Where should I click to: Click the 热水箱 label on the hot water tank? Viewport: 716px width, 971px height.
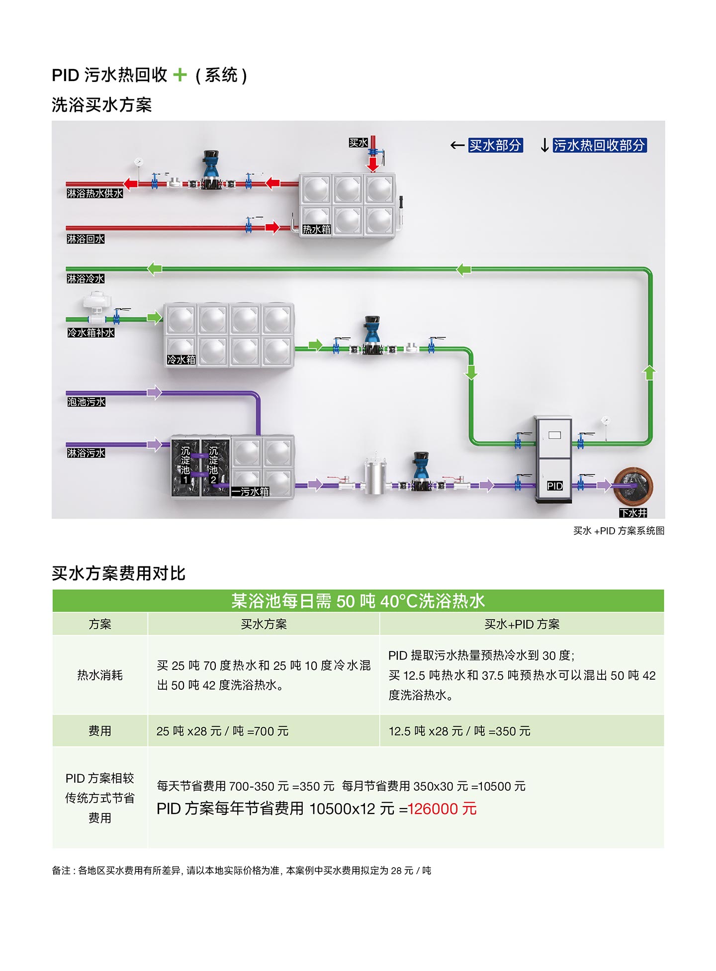(x=316, y=229)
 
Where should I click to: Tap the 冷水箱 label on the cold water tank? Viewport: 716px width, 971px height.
(x=181, y=359)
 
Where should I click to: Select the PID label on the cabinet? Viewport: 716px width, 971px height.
(x=554, y=485)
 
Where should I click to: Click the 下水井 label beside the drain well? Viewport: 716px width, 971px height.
(x=633, y=513)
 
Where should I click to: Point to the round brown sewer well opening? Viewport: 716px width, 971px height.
(x=633, y=485)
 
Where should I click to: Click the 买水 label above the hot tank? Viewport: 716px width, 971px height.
(x=358, y=143)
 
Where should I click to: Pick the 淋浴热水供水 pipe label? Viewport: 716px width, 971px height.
(x=94, y=193)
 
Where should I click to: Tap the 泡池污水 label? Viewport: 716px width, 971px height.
(x=86, y=402)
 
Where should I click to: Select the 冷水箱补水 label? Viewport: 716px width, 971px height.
(x=90, y=332)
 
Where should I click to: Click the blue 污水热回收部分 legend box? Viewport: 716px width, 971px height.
(x=599, y=145)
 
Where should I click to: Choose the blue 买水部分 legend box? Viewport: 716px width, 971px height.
(x=495, y=145)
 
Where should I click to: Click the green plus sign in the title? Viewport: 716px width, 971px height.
(x=180, y=75)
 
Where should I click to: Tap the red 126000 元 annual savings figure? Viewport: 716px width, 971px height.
(x=442, y=809)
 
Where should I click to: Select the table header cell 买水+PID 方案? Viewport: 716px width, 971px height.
(x=522, y=624)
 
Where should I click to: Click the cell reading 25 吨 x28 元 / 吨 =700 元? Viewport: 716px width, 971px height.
(x=222, y=731)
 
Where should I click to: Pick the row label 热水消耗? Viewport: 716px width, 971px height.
(x=99, y=675)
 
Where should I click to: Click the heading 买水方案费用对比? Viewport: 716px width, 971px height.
(x=118, y=573)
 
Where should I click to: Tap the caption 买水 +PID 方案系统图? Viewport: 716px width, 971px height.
(x=619, y=531)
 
